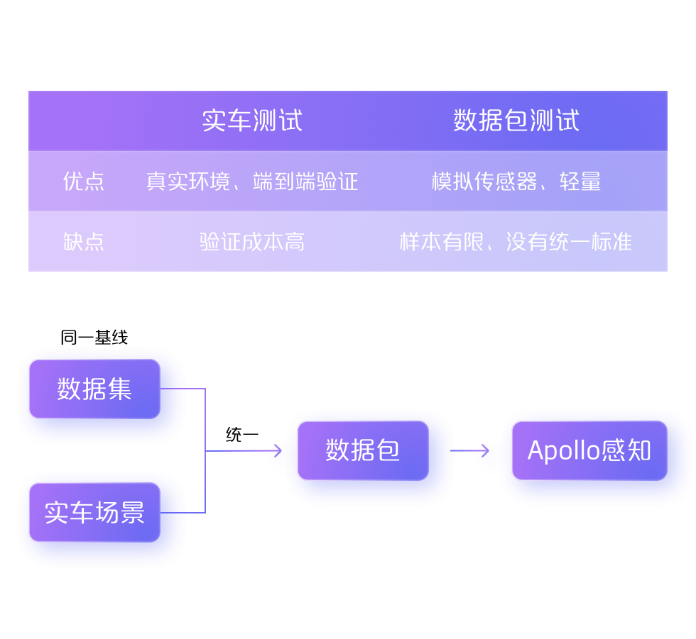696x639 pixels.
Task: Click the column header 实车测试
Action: [x=252, y=121]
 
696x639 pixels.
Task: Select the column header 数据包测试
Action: [x=516, y=121]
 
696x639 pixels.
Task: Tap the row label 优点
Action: [x=84, y=182]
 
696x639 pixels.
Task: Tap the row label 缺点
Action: [x=84, y=242]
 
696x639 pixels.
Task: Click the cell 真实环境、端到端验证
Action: [x=252, y=182]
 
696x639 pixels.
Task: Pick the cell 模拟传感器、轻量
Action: [x=516, y=182]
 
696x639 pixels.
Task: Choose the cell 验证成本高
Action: [x=252, y=242]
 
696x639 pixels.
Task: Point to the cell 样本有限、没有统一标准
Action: [x=516, y=242]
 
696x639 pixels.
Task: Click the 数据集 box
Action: [x=94, y=389]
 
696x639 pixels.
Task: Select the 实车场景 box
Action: [x=94, y=512]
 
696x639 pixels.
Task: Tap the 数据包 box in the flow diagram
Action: [x=363, y=450]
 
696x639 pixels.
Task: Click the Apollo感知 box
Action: [x=589, y=450]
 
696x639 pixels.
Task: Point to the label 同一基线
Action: [x=94, y=338]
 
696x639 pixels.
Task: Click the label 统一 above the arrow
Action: [x=242, y=435]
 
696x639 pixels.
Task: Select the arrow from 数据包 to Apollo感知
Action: [x=469, y=450]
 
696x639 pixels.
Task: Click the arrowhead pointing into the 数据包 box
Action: [x=277, y=450]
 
